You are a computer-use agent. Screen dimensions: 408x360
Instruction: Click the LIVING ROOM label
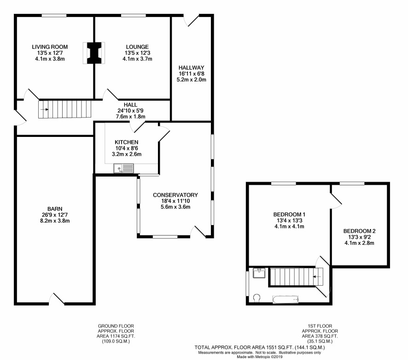pos(50,47)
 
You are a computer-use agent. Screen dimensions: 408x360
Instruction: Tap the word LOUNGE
pos(137,47)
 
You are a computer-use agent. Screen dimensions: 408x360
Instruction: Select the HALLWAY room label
pos(191,68)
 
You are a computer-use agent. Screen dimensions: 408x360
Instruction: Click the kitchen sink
pos(123,168)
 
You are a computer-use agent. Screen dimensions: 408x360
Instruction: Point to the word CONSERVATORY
pos(175,195)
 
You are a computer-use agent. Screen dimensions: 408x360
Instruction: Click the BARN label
pos(55,209)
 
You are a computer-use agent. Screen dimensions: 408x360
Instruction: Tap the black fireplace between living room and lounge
pos(93,53)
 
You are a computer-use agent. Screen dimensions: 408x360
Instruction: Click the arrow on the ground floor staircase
pos(45,110)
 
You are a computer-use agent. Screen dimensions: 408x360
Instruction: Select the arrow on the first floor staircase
pos(317,277)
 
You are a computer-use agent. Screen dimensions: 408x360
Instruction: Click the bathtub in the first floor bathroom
pos(286,300)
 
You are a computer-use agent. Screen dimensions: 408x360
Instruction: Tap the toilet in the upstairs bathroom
pos(256,298)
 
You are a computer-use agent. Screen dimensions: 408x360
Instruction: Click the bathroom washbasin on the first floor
pos(259,273)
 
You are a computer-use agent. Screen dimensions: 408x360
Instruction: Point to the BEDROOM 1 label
pos(289,215)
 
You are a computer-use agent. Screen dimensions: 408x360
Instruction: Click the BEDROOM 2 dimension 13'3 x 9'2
pos(359,237)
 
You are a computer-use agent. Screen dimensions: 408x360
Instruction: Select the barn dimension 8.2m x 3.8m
pos(53,221)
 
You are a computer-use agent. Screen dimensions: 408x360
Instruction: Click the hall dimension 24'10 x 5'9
pos(130,111)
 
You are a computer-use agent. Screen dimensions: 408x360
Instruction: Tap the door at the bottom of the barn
pos(57,299)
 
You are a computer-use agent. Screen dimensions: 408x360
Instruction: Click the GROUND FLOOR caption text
pos(116,326)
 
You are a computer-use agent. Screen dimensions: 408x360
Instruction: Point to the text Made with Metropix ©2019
pos(259,357)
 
